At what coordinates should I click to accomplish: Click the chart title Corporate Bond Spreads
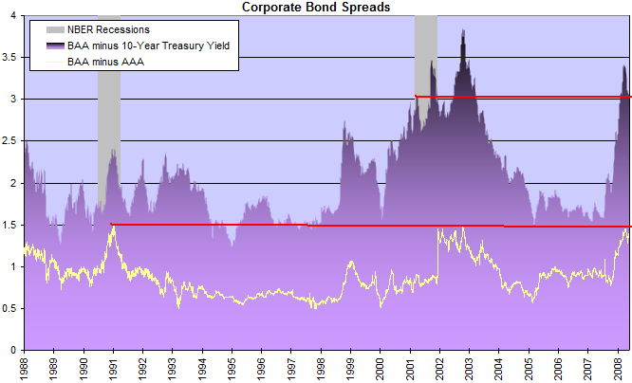(x=316, y=7)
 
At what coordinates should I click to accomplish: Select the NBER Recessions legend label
(x=108, y=29)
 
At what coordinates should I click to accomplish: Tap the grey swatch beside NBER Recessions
(x=55, y=29)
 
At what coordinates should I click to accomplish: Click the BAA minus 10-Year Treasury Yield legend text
(x=148, y=46)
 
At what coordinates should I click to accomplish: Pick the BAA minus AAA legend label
(x=105, y=62)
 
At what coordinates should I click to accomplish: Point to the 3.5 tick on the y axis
(x=9, y=57)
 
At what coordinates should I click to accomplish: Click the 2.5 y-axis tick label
(x=9, y=141)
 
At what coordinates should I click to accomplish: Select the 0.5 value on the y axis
(x=9, y=308)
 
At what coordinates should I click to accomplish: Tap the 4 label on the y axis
(x=13, y=15)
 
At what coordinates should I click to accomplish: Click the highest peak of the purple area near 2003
(x=463, y=29)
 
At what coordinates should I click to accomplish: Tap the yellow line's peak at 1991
(x=114, y=227)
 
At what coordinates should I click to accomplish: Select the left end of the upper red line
(x=416, y=96)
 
